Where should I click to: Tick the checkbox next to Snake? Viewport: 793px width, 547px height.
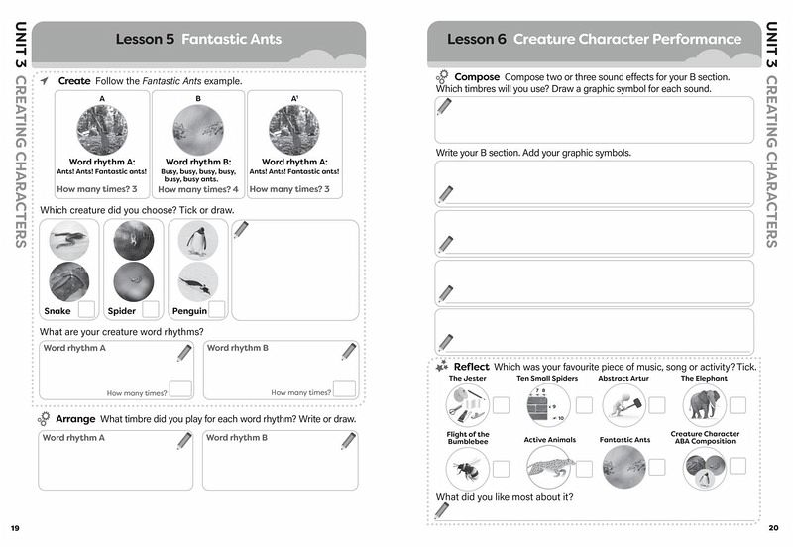coord(87,309)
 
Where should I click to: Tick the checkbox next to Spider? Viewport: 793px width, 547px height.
coord(150,309)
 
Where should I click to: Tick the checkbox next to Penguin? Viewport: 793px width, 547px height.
coord(216,309)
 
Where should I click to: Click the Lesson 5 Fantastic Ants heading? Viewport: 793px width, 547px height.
coord(198,40)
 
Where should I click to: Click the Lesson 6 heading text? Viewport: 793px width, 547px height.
coord(594,40)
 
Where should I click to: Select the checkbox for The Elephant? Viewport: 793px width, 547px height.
coord(738,404)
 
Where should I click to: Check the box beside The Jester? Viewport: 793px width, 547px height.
coord(502,404)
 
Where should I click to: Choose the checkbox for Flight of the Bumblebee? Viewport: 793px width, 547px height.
coord(502,468)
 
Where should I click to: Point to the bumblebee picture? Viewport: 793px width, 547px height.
coord(464,467)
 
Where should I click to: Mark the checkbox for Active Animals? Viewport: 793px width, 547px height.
coord(585,468)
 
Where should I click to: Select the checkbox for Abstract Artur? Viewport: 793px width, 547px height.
coord(655,404)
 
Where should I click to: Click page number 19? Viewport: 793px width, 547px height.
coord(15,526)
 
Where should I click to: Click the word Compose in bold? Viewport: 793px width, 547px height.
coord(477,76)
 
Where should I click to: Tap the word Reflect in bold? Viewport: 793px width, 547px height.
coord(472,367)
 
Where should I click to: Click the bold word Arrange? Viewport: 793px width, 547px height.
coord(75,419)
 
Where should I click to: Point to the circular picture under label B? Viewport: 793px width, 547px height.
coord(197,130)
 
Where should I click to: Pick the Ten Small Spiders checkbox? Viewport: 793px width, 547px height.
coord(585,404)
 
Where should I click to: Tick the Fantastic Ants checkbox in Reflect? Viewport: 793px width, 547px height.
coord(655,468)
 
